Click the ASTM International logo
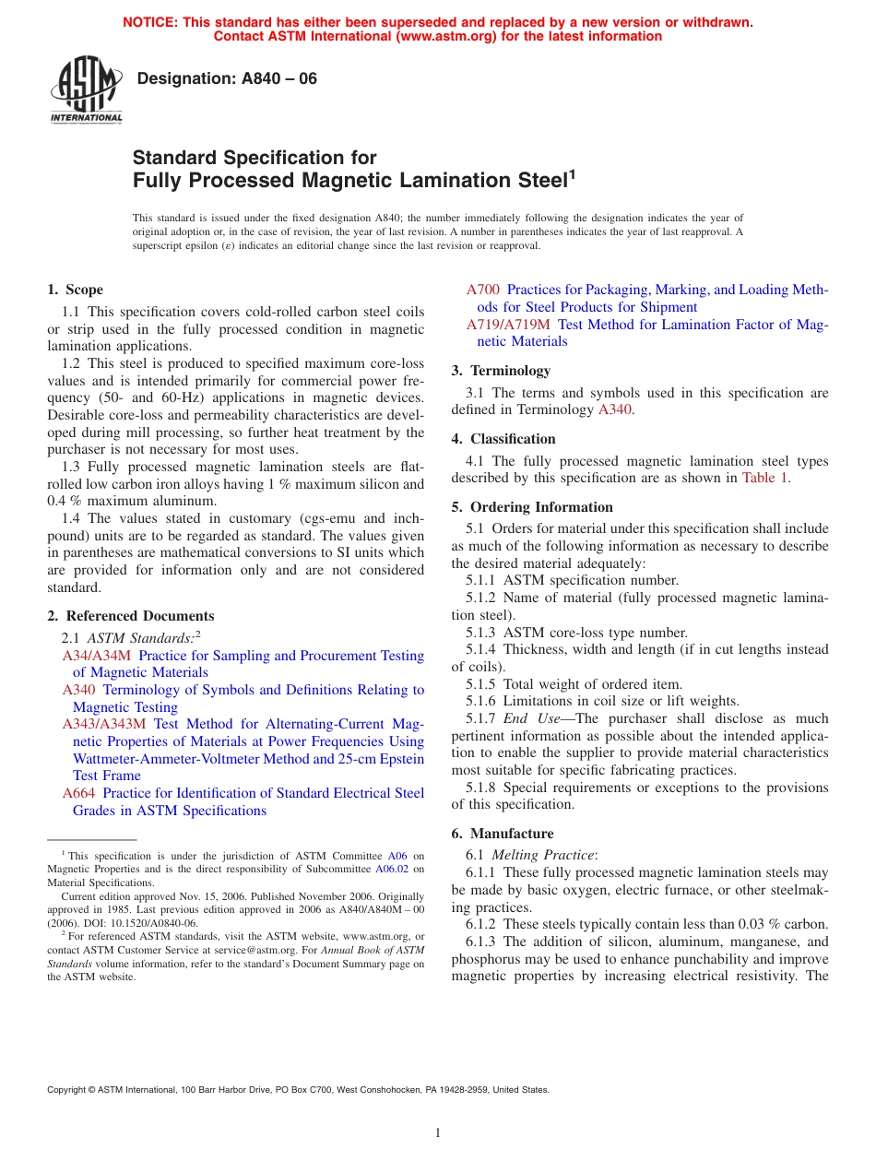(x=86, y=90)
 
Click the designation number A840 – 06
(x=226, y=79)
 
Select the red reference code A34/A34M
(x=97, y=656)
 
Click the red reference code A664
(x=80, y=793)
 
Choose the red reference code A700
(x=483, y=290)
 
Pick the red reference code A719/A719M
(x=508, y=325)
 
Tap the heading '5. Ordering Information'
(x=532, y=507)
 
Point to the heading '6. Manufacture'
(x=503, y=834)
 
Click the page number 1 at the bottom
(x=438, y=1133)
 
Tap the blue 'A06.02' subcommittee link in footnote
(x=392, y=869)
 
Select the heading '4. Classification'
(x=503, y=439)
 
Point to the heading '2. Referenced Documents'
(x=131, y=616)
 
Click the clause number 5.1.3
(x=482, y=633)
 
